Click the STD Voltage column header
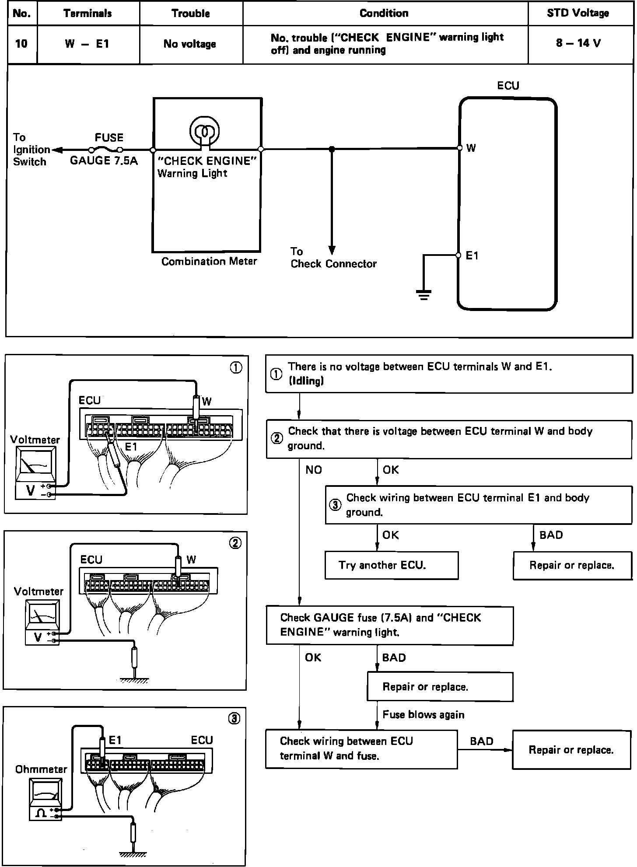click(577, 13)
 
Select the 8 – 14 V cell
click(578, 43)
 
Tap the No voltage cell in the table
click(190, 44)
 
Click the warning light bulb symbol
click(204, 131)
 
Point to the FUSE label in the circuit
click(109, 138)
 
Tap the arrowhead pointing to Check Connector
click(332, 250)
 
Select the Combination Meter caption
click(209, 262)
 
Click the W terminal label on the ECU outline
click(471, 148)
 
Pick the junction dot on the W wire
click(332, 149)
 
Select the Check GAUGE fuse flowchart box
click(389, 625)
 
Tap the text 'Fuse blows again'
click(423, 714)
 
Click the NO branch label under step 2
click(314, 470)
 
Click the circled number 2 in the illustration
click(235, 543)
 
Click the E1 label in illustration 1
click(131, 447)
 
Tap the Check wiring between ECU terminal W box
click(361, 748)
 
